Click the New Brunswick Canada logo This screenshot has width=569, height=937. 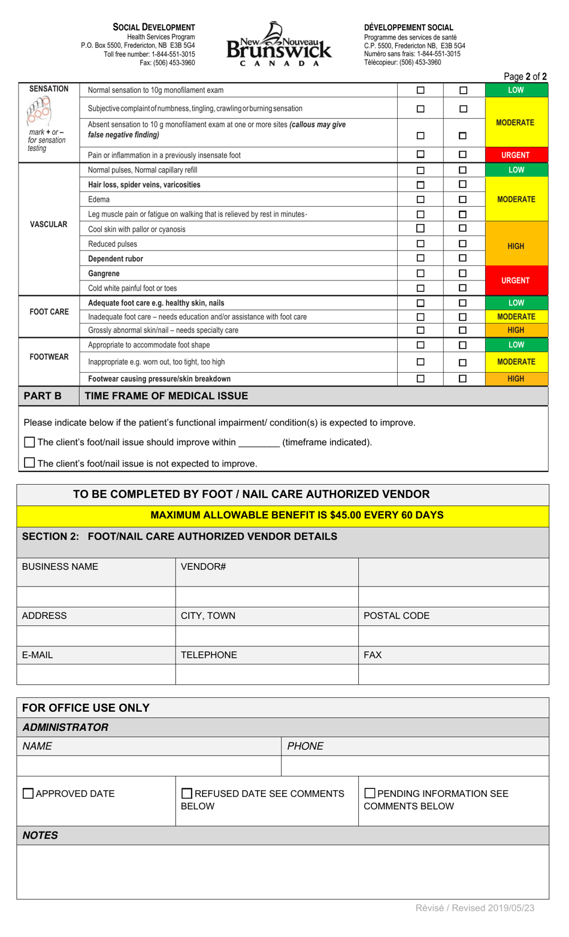tap(279, 44)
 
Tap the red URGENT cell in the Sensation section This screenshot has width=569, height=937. tap(515, 155)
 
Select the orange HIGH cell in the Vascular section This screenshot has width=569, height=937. tap(515, 246)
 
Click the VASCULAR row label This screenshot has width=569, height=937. tap(49, 225)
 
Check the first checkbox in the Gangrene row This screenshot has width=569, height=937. tap(420, 274)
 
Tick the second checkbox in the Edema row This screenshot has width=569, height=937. tap(462, 200)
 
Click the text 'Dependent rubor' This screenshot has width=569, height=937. tap(116, 259)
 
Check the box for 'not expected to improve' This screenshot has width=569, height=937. tap(29, 463)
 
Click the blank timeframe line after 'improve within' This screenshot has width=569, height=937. tap(259, 443)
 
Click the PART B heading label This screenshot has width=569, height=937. tap(43, 396)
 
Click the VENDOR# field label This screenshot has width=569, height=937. tap(203, 567)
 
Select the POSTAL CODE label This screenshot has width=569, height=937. tap(396, 616)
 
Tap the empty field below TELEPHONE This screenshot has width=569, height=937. tap(267, 675)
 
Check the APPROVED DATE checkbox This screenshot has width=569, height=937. tap(28, 794)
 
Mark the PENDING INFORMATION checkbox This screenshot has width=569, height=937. tap(370, 793)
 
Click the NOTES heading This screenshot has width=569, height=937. tap(40, 835)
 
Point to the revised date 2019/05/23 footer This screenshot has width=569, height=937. tap(474, 908)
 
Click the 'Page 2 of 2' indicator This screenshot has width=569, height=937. tap(525, 77)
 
